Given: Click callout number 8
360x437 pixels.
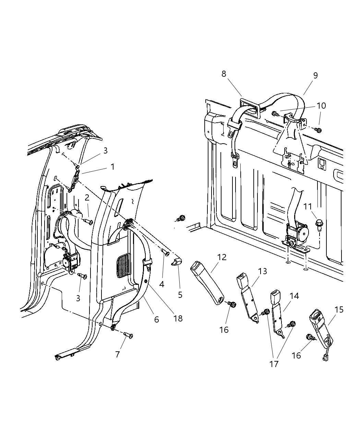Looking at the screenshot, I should coord(224,74).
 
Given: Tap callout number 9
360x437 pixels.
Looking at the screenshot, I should coord(315,75).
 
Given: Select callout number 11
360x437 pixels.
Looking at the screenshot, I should coord(308,206).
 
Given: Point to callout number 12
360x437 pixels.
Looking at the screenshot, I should coord(222,257).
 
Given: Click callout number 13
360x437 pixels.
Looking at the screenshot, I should coord(262,271).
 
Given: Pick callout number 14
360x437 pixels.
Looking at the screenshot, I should coord(294,295).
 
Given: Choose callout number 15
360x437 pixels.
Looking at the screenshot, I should coord(339,309).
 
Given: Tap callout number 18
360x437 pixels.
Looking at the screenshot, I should coord(178,318).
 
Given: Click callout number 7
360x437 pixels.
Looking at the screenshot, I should coord(117,354).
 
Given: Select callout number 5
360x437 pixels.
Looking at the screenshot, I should coord(180,294).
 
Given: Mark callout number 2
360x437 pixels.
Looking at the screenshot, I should coord(87,197).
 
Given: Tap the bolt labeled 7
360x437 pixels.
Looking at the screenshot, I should coord(129,336).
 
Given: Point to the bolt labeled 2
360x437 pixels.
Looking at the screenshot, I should coord(89,222).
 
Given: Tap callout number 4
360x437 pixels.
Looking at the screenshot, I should coord(161,284).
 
